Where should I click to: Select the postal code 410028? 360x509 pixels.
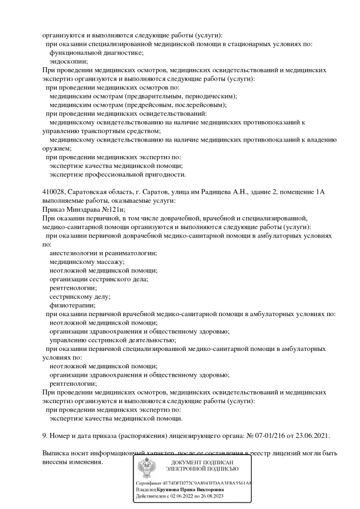pos(53,192)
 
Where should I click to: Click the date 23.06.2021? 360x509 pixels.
pos(313,436)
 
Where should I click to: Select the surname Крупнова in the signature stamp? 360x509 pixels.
pos(171,490)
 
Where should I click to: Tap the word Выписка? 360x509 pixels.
pos(56,453)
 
